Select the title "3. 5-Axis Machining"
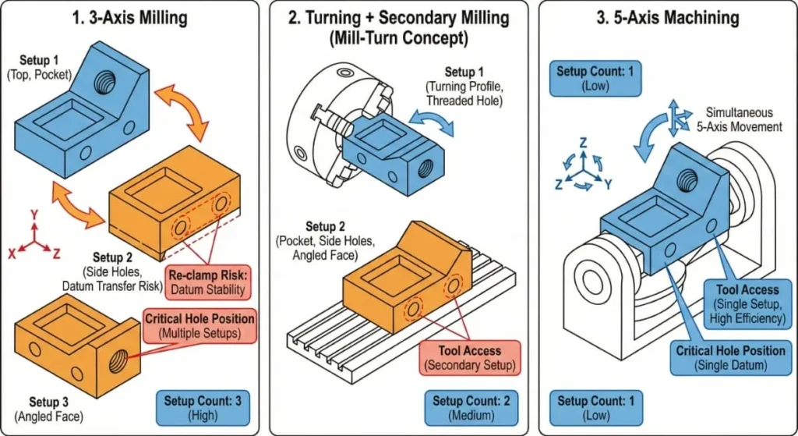click(668, 18)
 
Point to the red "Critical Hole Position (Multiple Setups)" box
click(199, 326)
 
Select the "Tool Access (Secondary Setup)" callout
click(468, 358)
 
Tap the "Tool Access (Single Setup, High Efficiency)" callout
click(747, 304)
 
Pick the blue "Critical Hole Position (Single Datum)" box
click(730, 358)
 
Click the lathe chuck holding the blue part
click(316, 129)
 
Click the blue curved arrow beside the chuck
click(429, 123)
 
